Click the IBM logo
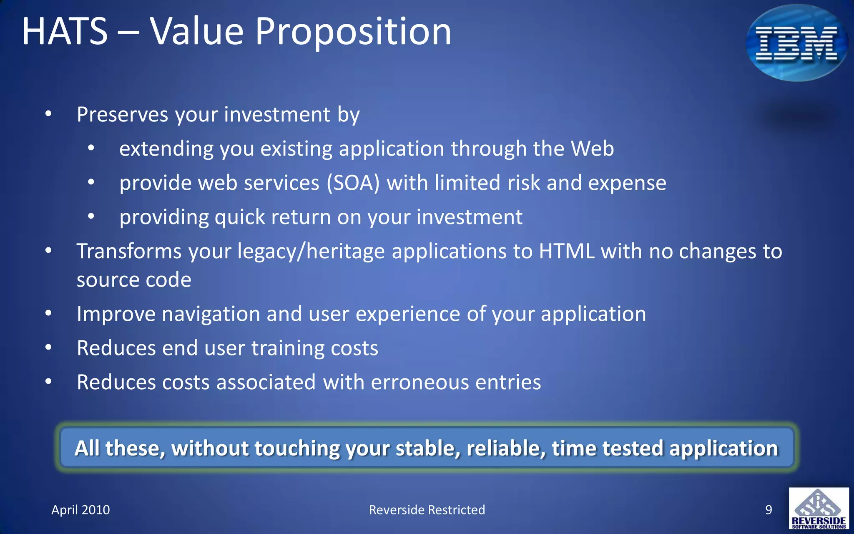point(796,43)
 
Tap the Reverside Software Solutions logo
point(819,509)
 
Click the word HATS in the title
point(65,32)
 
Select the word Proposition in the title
point(353,32)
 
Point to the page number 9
point(769,510)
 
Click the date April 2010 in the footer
point(80,510)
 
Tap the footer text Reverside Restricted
point(427,510)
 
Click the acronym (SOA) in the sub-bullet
point(353,183)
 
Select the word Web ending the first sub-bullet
point(592,149)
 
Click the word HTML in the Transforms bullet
point(566,252)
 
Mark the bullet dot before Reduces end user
point(48,348)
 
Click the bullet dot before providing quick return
point(91,217)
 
